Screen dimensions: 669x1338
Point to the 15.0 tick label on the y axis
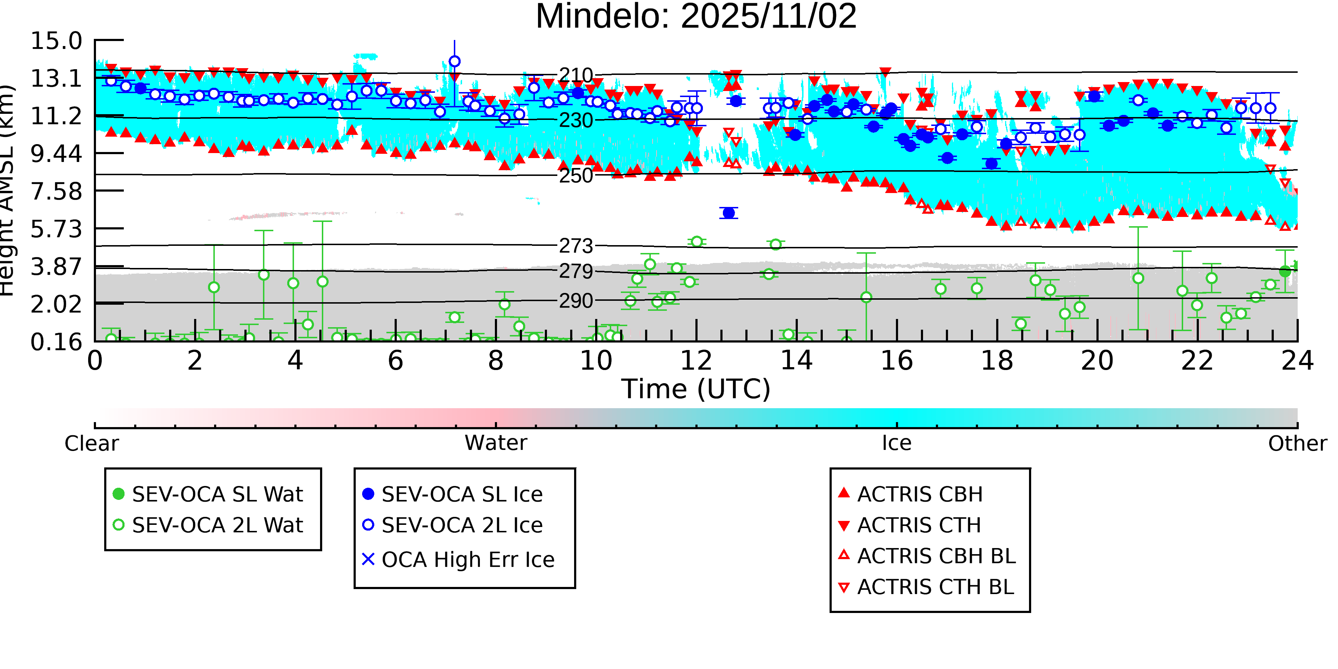click(56, 41)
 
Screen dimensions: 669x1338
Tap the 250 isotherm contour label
click(576, 176)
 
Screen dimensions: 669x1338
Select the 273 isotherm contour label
click(576, 246)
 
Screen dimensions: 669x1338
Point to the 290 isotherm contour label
click(576, 301)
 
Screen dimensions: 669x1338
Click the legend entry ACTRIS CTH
click(919, 526)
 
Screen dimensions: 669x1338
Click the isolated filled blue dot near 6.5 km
click(729, 213)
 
